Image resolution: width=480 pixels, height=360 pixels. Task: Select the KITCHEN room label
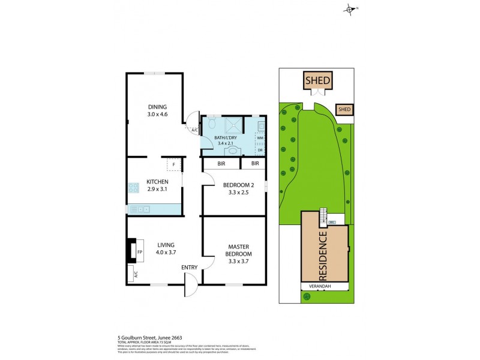[157, 182]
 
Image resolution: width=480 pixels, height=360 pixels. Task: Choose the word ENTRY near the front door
[190, 267]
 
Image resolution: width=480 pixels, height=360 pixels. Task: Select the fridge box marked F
[173, 164]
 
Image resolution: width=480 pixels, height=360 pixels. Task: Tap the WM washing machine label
[260, 138]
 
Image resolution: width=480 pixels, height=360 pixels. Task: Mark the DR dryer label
[260, 150]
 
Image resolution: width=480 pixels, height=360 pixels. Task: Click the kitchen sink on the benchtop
[143, 209]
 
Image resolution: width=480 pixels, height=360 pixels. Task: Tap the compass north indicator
[350, 8]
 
